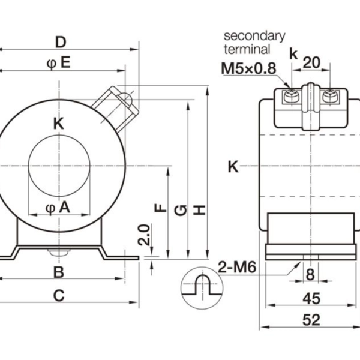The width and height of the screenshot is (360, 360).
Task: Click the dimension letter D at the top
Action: [60, 42]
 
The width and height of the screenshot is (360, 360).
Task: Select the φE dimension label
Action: [59, 63]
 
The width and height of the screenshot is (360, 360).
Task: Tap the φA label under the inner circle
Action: [58, 208]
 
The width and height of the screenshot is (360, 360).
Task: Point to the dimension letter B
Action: [58, 272]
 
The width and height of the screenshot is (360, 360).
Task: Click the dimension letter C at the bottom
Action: [58, 295]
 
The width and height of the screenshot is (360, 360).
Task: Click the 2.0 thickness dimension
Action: [143, 236]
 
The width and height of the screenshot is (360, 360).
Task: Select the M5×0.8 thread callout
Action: [248, 68]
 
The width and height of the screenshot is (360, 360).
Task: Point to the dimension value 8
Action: [310, 275]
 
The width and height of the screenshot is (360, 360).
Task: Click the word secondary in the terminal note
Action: [254, 36]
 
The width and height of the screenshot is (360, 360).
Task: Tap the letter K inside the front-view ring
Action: [58, 124]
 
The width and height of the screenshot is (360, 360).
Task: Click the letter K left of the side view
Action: [233, 167]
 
